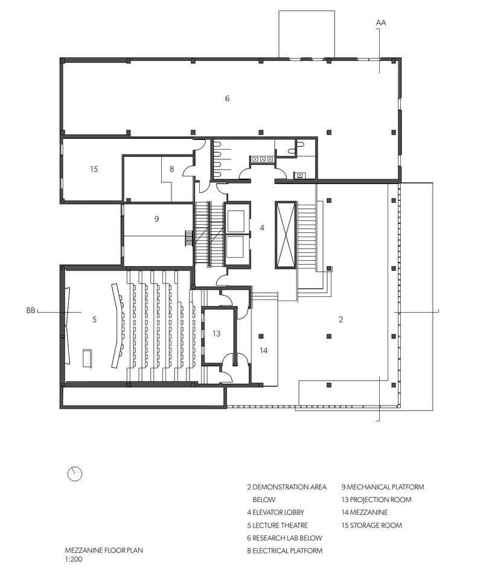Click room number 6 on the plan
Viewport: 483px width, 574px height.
(x=227, y=98)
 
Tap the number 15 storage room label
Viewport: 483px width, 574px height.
(x=94, y=169)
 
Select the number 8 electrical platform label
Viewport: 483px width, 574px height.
(x=171, y=169)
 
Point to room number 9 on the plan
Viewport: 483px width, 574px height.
(x=157, y=219)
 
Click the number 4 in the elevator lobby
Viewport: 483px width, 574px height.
(x=262, y=228)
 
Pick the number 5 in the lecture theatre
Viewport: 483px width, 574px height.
(x=94, y=319)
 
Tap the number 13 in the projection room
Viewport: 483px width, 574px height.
(x=216, y=334)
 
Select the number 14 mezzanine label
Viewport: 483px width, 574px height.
(x=264, y=351)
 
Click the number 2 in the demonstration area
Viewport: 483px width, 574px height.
(x=341, y=319)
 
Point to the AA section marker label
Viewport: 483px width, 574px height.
(x=381, y=23)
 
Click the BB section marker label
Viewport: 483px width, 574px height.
(x=31, y=311)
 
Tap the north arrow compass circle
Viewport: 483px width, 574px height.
(x=75, y=474)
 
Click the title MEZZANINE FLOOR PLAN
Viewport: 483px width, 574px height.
(x=104, y=550)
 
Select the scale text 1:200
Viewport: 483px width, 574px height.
(x=74, y=560)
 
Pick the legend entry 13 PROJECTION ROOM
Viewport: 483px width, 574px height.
(x=377, y=500)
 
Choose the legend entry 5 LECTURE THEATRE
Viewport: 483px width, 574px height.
(x=277, y=525)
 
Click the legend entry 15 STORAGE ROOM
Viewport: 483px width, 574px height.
(x=372, y=525)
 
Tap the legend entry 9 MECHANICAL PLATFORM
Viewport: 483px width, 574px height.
(x=383, y=487)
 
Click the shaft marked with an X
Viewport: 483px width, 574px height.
(x=286, y=235)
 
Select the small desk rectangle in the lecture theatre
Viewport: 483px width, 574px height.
(x=88, y=358)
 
